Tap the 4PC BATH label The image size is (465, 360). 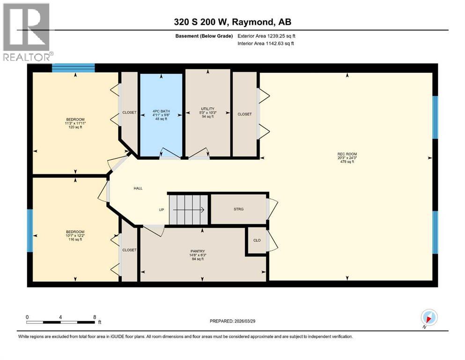pos(161,112)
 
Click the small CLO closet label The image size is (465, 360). pos(257,240)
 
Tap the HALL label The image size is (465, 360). pos(138,188)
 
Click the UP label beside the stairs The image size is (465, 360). pos(161,210)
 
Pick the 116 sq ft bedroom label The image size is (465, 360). pos(75,232)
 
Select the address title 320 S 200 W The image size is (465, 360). pos(232,22)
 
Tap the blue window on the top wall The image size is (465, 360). pos(73,68)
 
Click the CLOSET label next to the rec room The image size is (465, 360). pos(244,114)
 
